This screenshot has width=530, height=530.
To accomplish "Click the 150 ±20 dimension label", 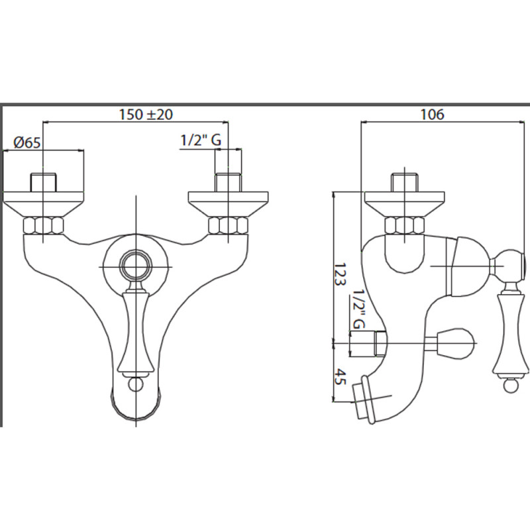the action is [x=146, y=114].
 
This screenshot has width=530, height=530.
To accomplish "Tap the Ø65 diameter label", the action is [x=27, y=142].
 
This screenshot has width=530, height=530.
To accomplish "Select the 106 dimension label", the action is [x=433, y=114].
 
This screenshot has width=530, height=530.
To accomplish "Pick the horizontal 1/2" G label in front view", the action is [x=201, y=140].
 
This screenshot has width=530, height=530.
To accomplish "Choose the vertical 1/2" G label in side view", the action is [x=358, y=309].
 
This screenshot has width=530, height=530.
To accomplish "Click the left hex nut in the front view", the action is [x=43, y=226].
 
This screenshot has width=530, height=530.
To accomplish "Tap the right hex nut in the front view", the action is [x=228, y=226].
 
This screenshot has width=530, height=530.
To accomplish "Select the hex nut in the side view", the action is [x=404, y=226].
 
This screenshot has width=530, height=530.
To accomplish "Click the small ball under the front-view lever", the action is [x=136, y=384].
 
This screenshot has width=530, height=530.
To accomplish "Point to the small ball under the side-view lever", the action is [x=510, y=386].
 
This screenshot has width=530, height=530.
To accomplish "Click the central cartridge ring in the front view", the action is [x=136, y=267].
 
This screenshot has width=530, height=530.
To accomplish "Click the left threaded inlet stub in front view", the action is [x=43, y=183].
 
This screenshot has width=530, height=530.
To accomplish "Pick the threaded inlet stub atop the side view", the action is [x=404, y=183].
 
